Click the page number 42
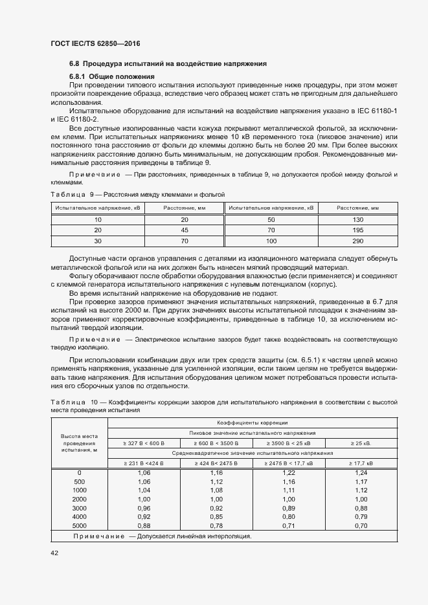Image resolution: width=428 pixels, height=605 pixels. point(54,553)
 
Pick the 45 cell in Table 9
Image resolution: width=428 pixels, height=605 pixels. point(184,230)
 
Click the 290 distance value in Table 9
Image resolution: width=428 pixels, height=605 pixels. point(357,241)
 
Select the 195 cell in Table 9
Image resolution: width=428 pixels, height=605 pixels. point(357,230)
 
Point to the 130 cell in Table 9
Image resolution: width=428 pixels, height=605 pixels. point(357,220)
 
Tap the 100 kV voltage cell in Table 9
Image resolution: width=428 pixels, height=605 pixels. point(271,241)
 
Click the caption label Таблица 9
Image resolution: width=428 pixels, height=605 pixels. point(73,194)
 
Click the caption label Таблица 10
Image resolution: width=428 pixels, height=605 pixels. point(74,402)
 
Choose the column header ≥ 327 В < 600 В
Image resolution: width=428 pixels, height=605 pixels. point(144,443)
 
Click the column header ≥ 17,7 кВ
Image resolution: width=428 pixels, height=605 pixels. point(361,463)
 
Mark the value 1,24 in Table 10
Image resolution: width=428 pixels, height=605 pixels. point(361,473)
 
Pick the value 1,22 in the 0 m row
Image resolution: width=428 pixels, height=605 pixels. point(288,473)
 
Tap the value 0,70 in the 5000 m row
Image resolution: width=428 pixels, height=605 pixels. point(361,526)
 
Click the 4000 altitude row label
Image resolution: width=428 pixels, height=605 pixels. point(80,517)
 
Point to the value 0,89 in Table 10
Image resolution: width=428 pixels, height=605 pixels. point(288,508)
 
